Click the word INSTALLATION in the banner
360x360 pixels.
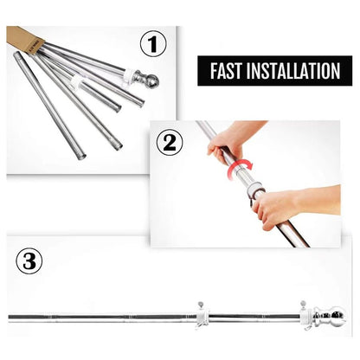tap(293, 71)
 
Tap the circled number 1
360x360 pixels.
tap(153, 44)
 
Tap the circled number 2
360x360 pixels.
tap(170, 143)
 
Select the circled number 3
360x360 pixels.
tap(29, 261)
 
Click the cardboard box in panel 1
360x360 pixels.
tap(25, 39)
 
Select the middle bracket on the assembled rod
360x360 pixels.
tap(202, 317)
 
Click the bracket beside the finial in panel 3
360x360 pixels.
tap(305, 318)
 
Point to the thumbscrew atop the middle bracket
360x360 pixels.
tap(200, 305)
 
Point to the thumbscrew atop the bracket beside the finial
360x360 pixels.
tap(303, 304)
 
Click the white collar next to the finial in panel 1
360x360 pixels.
tap(128, 76)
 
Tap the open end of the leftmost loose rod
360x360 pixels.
tap(82, 157)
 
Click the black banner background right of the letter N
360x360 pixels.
tap(346, 71)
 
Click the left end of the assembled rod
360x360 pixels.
tap(9, 318)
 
